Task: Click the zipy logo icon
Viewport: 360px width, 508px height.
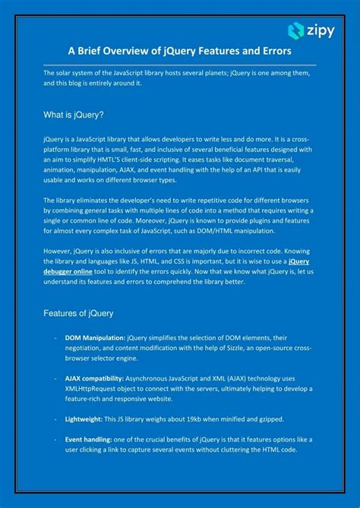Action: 296,30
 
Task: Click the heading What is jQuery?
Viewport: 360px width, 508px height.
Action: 74,114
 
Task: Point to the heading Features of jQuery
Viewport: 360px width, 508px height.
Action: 79,313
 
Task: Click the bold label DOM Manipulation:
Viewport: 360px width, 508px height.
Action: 95,337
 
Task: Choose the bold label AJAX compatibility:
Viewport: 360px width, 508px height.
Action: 96,377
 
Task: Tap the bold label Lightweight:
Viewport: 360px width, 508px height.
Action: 84,418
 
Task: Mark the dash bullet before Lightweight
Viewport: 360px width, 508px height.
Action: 55,418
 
